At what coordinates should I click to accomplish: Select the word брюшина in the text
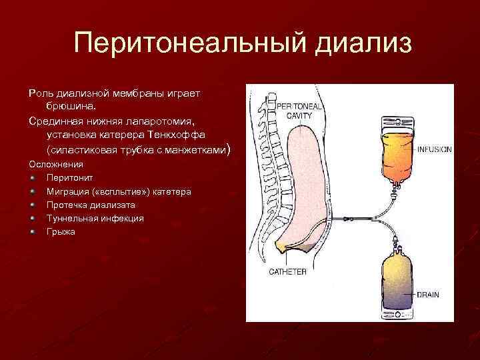click(x=70, y=106)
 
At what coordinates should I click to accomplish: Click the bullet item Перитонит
click(x=70, y=178)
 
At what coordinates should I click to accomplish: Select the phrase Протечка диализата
click(x=91, y=205)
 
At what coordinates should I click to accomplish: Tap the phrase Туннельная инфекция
click(x=95, y=218)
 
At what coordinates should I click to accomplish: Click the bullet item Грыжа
click(x=61, y=231)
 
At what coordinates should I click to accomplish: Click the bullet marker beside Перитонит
click(x=33, y=178)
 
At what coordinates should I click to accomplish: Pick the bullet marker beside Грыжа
click(x=33, y=231)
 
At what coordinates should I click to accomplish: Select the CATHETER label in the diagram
click(x=287, y=271)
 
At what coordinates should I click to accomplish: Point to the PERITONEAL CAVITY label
click(x=299, y=110)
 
